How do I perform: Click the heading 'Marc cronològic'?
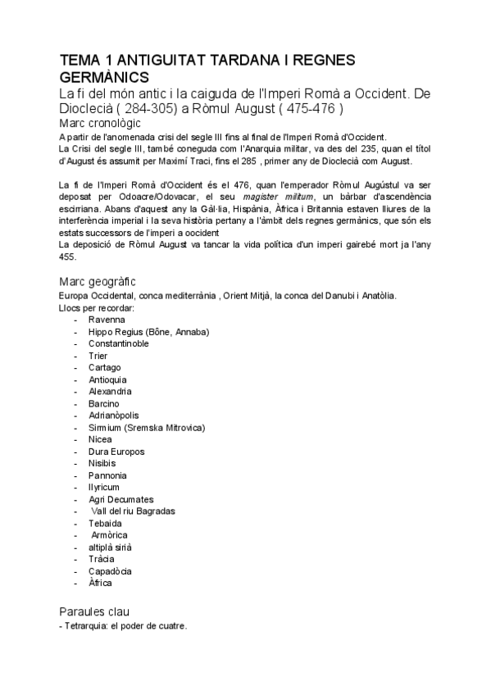point(106,123)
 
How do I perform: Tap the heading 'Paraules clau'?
point(94,611)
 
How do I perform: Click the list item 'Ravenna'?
point(107,320)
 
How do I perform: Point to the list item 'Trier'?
point(98,356)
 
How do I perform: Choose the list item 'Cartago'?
point(105,368)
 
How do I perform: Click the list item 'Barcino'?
point(104,403)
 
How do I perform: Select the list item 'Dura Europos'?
point(117,452)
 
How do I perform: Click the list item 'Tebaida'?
point(106,523)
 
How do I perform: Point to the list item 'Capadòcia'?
point(111,571)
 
